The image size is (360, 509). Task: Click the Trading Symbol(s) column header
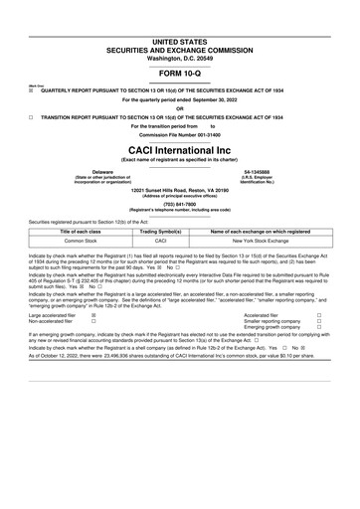[160, 231]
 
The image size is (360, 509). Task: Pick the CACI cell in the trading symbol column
[160, 241]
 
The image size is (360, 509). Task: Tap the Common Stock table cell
[60, 241]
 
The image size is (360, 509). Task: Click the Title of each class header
[60, 231]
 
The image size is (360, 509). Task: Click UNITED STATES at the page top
[179, 9]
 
